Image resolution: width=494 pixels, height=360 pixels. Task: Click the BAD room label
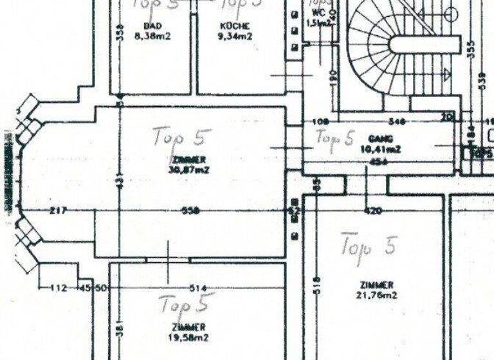(x=152, y=26)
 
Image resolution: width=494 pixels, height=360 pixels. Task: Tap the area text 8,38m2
(x=153, y=37)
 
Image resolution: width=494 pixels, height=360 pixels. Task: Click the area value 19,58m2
(x=189, y=337)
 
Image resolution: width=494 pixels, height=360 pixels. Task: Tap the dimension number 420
(x=373, y=211)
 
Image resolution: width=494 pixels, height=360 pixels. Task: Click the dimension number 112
(x=59, y=288)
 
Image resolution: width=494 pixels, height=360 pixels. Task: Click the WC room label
(x=318, y=12)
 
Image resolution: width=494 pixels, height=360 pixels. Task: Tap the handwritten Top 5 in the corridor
(x=334, y=138)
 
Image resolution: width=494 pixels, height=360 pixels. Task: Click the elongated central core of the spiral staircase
(x=425, y=44)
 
